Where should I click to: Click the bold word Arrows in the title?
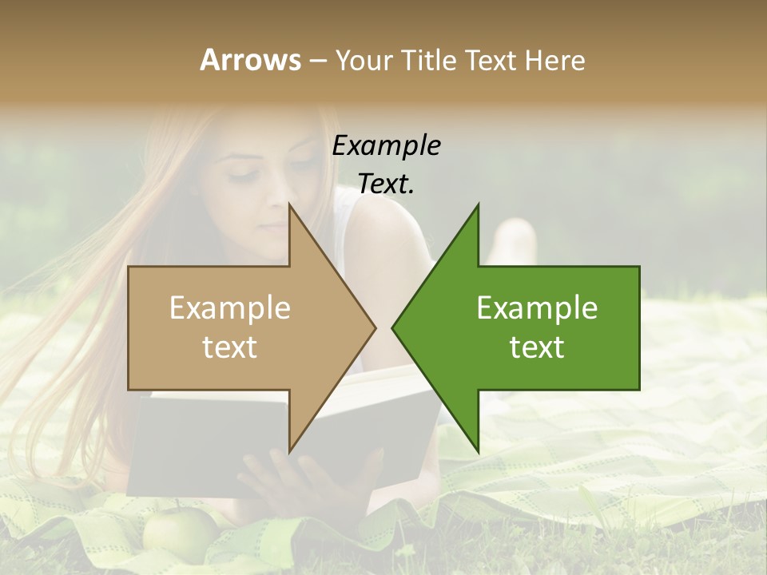pyautogui.click(x=250, y=60)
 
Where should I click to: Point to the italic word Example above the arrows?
pyautogui.click(x=386, y=145)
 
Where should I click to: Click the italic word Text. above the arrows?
pyautogui.click(x=386, y=184)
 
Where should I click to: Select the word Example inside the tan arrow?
pyautogui.click(x=229, y=308)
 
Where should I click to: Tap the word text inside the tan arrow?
pyautogui.click(x=229, y=347)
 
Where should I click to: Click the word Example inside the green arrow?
pyautogui.click(x=537, y=308)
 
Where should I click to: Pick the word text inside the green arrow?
pyautogui.click(x=537, y=347)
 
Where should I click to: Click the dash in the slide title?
pyautogui.click(x=317, y=61)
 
